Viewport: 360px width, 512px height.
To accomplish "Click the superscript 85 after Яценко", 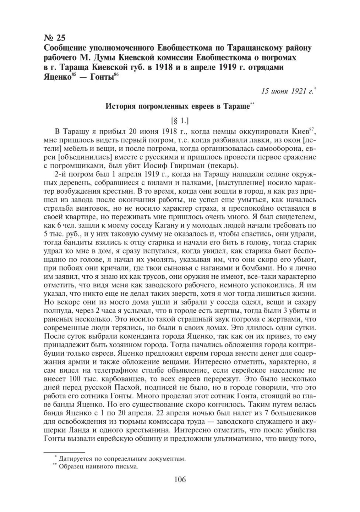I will tap(76, 75).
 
